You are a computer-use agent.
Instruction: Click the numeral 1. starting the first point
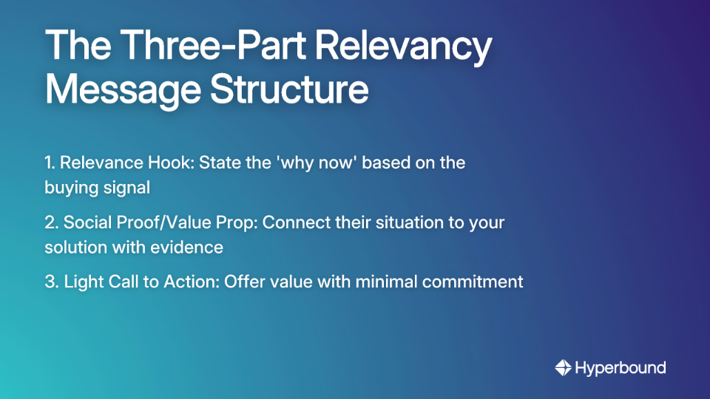[x=50, y=163]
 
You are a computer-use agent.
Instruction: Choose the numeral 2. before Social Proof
[x=52, y=222]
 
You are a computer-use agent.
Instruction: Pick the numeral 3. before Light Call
[x=52, y=282]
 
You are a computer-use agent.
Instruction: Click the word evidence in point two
[x=191, y=248]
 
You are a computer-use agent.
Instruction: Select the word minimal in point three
[x=385, y=282]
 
